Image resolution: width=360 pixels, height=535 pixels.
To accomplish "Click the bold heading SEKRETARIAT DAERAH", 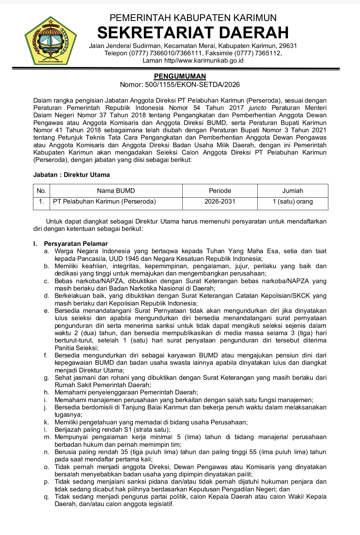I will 193,32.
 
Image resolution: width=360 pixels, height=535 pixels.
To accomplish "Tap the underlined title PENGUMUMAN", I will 180,76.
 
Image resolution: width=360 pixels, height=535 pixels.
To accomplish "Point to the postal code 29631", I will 288,46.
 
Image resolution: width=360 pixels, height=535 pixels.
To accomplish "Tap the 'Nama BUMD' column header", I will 116,191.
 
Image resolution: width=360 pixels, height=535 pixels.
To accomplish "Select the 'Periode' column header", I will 220,191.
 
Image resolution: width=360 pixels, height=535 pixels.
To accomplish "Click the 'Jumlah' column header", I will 293,191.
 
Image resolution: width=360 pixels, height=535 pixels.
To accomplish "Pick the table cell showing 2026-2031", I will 220,201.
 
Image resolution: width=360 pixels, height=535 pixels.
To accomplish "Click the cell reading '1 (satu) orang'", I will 293,201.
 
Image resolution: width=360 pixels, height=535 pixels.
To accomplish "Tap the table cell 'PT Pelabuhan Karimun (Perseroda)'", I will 105,201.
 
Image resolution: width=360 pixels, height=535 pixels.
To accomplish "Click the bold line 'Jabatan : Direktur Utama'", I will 72,175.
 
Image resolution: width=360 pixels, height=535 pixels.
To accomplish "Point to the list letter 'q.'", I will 47,497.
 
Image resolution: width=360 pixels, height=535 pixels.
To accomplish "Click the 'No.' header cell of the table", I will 41,191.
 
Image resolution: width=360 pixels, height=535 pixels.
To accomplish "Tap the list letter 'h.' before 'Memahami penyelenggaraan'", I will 47,392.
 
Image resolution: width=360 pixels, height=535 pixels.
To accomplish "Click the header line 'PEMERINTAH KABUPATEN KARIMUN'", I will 193,17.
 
